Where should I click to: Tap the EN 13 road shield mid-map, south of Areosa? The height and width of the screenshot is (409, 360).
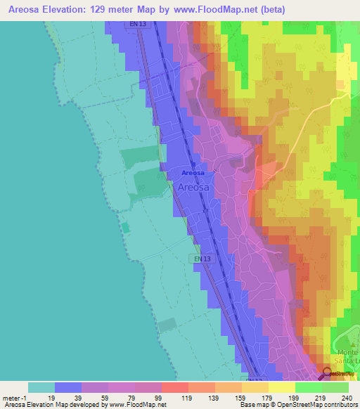tap(202, 259)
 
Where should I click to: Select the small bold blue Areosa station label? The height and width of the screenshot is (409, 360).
tap(193, 173)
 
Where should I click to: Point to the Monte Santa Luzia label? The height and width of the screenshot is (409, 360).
tap(345, 356)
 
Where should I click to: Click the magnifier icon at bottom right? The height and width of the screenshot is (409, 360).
tap(328, 373)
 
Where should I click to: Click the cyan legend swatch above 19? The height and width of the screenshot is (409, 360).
tap(41, 387)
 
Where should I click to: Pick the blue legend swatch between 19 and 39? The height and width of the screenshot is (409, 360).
tap(68, 387)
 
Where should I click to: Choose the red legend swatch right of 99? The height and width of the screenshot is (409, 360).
tap(175, 387)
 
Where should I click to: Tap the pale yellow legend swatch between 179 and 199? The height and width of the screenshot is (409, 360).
tap(281, 387)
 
